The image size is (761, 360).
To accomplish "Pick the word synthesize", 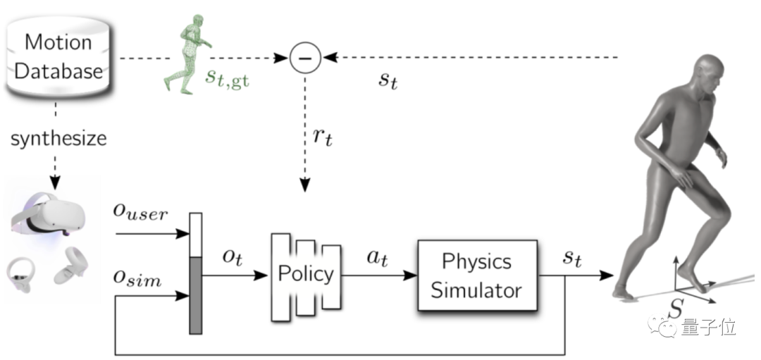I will click(x=58, y=138).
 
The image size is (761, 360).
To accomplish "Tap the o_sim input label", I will click(x=137, y=280).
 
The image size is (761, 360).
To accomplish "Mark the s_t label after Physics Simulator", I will click(x=571, y=258).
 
